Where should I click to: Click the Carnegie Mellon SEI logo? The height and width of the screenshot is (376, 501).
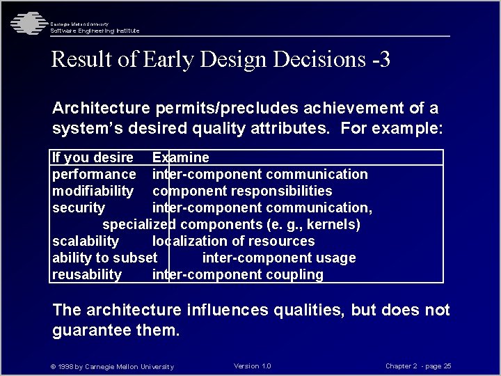[x=26, y=24]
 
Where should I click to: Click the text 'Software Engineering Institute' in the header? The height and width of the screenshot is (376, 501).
[x=95, y=31]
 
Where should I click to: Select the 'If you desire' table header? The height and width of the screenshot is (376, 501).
[x=93, y=157]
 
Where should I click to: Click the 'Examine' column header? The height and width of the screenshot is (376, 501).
[x=180, y=157]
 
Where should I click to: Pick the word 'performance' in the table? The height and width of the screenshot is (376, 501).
[x=94, y=174]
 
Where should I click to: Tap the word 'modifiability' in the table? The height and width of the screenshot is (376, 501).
[x=93, y=191]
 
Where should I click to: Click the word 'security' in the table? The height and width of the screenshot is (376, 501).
[x=78, y=207]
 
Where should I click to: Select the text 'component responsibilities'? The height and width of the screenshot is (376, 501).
[x=242, y=191]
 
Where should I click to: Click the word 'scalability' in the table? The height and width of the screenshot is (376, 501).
[x=86, y=241]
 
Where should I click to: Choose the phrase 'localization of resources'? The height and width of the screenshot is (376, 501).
[x=233, y=241]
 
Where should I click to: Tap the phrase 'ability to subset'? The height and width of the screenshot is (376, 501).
[x=104, y=258]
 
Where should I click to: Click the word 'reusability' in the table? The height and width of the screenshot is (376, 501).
[x=87, y=274]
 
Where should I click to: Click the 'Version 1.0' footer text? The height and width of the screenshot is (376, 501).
[x=253, y=366]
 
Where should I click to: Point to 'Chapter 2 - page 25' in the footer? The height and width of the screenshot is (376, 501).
[x=418, y=366]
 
